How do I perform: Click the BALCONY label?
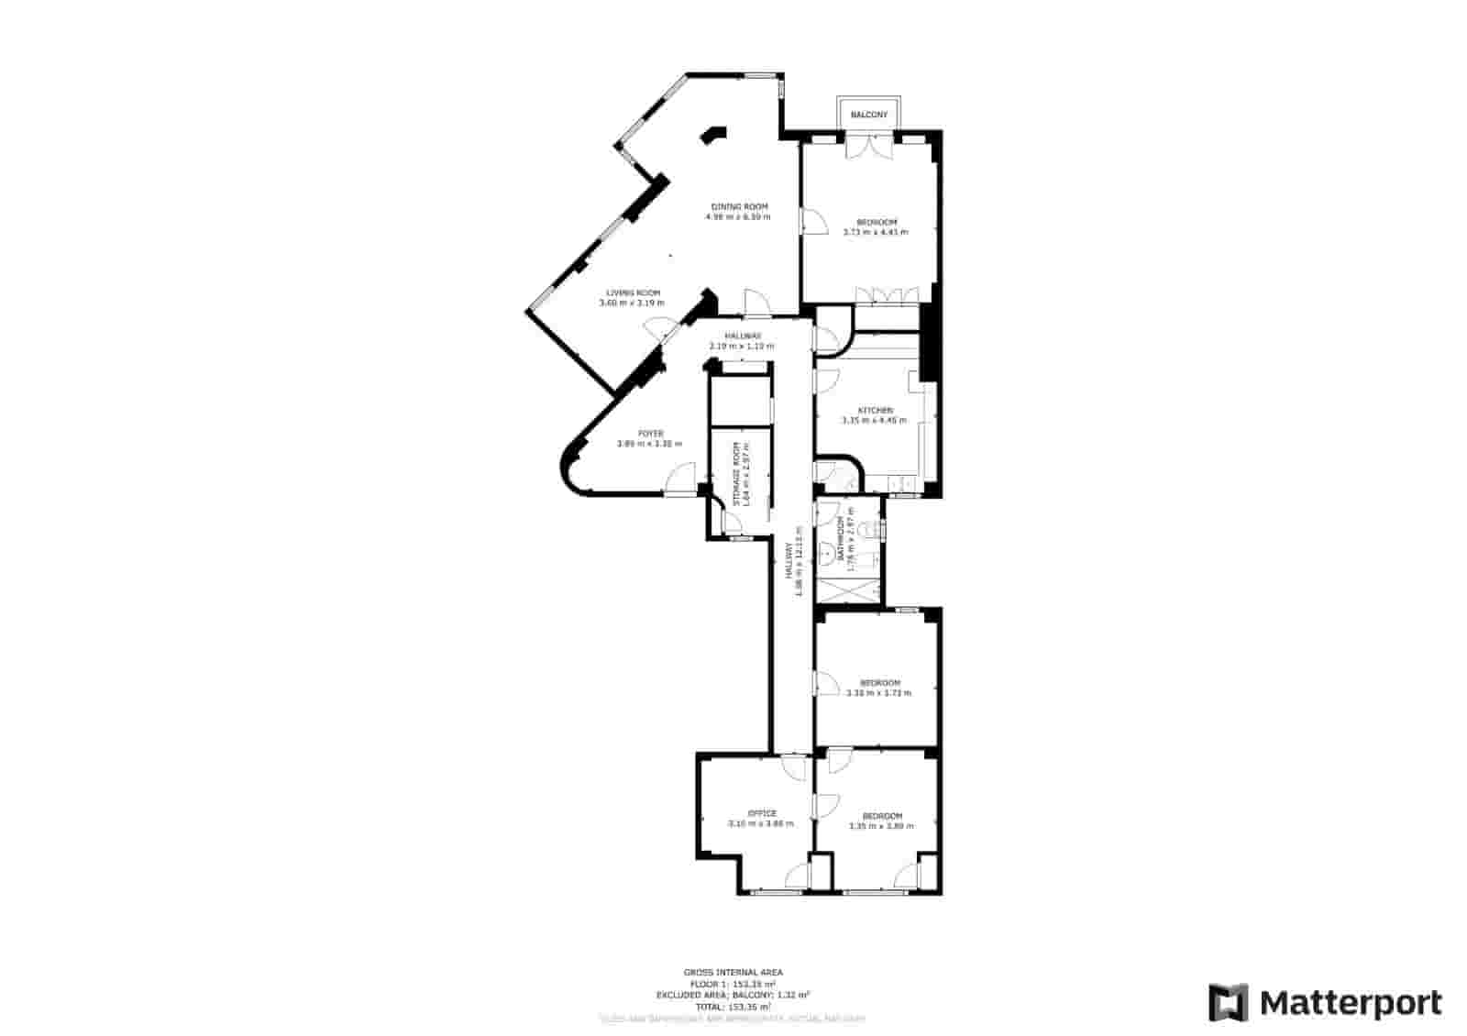click(869, 115)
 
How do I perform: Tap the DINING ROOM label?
click(739, 206)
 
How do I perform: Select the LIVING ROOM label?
click(633, 292)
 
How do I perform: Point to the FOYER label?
click(651, 434)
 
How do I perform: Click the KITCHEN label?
click(875, 410)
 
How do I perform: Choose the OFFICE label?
click(761, 813)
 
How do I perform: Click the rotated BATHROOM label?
click(840, 539)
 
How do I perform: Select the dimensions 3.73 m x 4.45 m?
click(876, 232)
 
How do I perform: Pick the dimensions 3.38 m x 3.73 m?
click(879, 693)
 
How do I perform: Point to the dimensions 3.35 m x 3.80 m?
click(881, 826)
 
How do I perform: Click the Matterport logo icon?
click(1228, 1002)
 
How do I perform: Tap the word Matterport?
click(1351, 1002)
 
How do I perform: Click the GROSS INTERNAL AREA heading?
click(733, 972)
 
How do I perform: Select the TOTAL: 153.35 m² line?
click(733, 1007)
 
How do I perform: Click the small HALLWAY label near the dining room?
click(743, 336)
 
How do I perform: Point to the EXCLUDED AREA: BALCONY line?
click(733, 995)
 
